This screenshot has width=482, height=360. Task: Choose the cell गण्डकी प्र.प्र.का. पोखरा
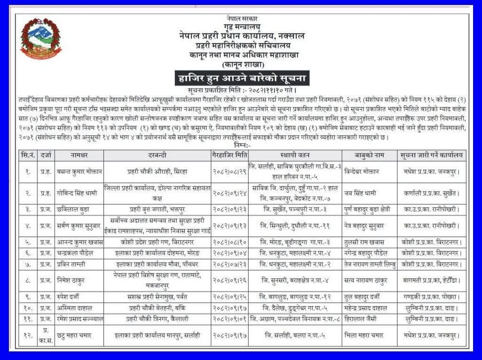coord(431,297)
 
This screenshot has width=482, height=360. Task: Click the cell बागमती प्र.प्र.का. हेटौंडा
coord(431,281)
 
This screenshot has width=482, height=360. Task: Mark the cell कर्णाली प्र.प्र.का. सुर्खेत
coord(431,193)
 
